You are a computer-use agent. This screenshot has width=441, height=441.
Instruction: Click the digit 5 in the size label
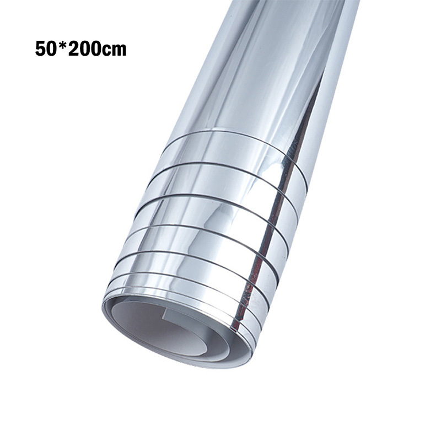click(40, 50)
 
